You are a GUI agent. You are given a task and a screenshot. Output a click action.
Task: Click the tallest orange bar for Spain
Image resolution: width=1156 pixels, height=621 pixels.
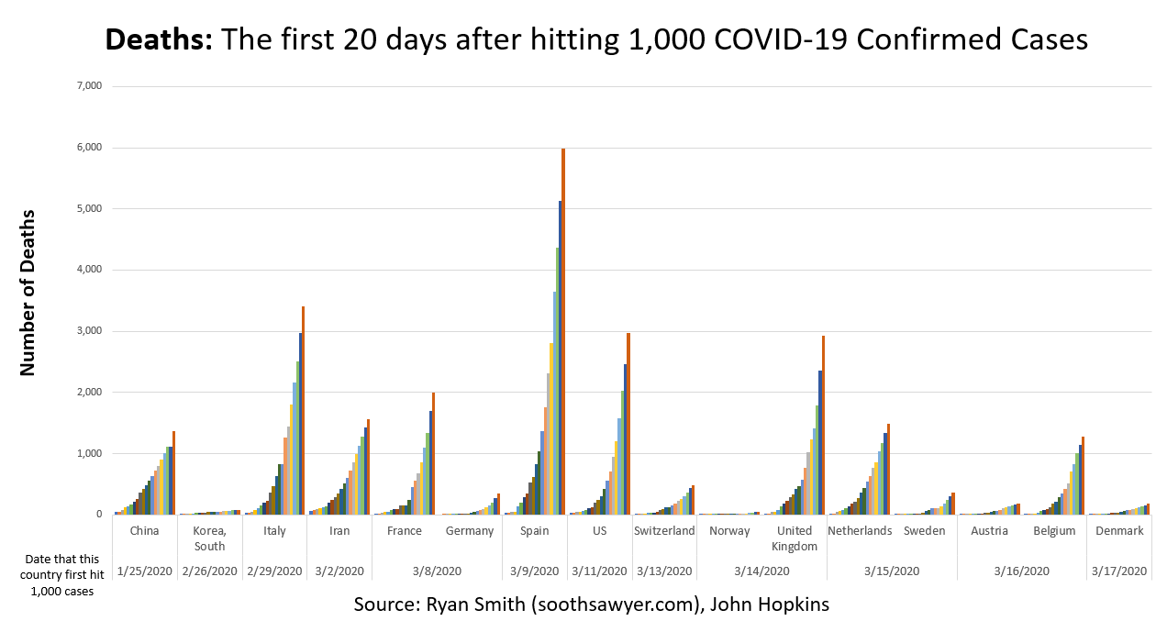pos(562,330)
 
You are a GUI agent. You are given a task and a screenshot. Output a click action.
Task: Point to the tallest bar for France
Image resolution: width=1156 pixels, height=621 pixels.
pos(433,453)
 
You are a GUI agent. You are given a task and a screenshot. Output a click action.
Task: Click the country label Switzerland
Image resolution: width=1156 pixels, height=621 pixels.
pos(664,531)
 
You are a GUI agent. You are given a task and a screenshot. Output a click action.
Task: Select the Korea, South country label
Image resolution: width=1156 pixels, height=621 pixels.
pos(209,538)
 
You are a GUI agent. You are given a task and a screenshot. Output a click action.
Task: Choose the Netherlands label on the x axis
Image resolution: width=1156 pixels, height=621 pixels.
pos(860,531)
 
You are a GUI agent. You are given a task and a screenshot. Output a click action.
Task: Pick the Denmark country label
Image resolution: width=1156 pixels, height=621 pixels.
pos(1118,531)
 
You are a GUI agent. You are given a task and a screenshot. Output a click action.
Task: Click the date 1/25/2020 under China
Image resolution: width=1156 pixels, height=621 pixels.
pos(144,571)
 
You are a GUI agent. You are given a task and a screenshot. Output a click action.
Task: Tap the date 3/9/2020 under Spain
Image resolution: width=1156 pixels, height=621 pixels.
pos(534,571)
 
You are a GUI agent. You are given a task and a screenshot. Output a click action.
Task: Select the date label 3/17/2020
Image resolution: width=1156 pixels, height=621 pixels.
pos(1118,571)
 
